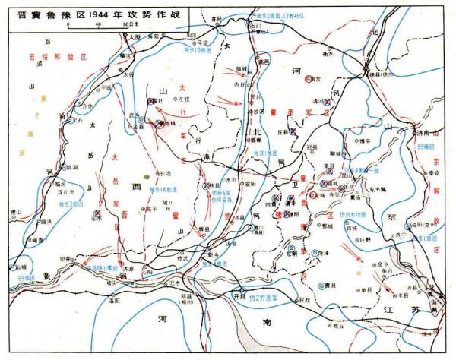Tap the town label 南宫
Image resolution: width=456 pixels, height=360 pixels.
[314, 78]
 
